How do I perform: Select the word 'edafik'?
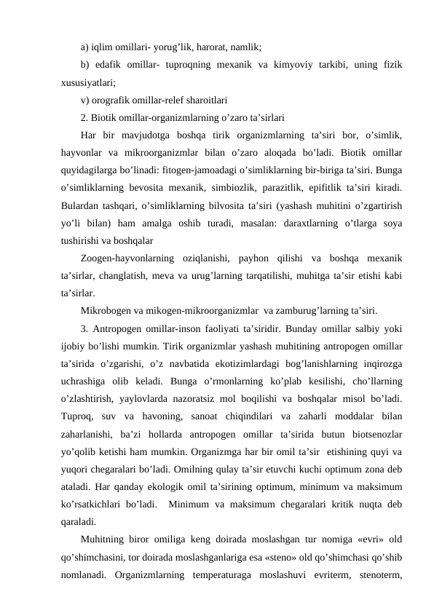(109, 66)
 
